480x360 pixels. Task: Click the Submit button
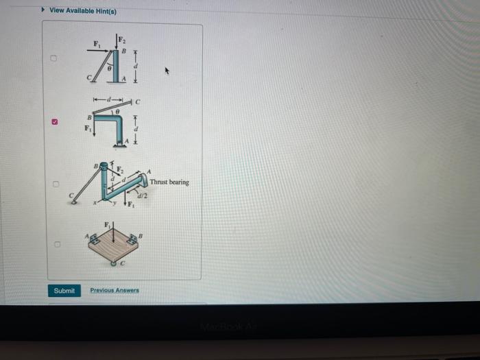click(x=64, y=291)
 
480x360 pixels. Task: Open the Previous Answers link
click(x=115, y=291)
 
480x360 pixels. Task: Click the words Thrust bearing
click(x=169, y=182)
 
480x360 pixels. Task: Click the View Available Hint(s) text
click(x=83, y=11)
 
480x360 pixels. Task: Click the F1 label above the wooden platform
click(x=106, y=224)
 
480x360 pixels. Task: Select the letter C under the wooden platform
click(x=122, y=264)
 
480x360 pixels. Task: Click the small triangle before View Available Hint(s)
click(x=45, y=11)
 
